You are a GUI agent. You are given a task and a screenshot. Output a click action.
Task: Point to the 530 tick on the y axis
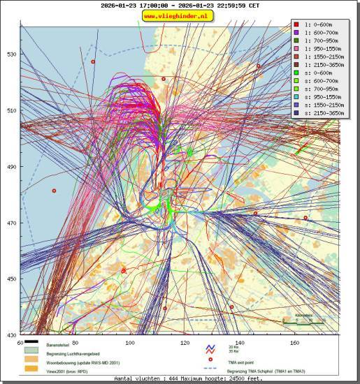point(12,54)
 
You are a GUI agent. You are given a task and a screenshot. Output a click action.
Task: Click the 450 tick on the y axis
point(12,279)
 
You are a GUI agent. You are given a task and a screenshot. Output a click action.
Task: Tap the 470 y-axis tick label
point(12,223)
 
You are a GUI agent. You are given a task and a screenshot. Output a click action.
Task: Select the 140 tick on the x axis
point(240,343)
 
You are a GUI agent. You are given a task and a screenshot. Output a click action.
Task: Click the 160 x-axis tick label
point(295,343)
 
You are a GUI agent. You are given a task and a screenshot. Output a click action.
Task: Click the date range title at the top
point(180,5)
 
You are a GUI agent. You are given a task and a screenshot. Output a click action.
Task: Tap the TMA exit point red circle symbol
point(208,363)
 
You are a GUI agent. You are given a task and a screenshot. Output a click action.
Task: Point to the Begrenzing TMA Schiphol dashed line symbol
point(208,371)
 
